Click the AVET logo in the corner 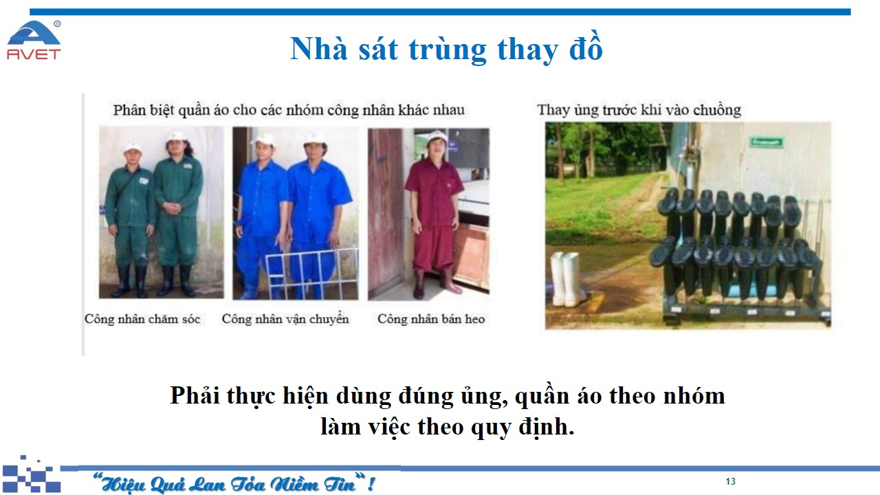[34, 40]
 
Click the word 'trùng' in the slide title [448, 50]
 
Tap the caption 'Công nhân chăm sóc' [142, 319]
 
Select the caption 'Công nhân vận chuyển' [285, 318]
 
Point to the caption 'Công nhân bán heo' [431, 319]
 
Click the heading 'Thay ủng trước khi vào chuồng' [639, 110]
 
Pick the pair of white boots [566, 279]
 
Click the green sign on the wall [767, 142]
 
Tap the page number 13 [730, 482]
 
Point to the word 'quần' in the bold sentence [542, 397]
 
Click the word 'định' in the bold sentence [547, 428]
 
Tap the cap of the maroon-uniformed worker [437, 136]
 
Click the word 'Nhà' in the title [319, 49]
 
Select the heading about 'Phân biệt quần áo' [289, 111]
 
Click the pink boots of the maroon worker [436, 283]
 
